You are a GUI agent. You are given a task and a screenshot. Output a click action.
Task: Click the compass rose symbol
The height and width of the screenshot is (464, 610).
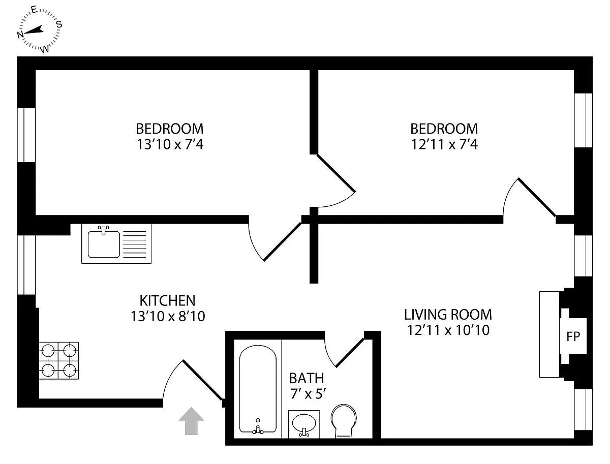tap(40, 30)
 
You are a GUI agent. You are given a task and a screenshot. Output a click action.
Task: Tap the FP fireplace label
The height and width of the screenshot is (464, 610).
tap(573, 336)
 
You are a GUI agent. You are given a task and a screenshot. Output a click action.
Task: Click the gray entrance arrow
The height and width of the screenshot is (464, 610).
tap(191, 421)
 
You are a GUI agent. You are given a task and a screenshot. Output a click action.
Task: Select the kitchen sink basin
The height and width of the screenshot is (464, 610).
tap(104, 244)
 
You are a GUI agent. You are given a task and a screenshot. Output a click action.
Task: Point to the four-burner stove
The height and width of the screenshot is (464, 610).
tap(59, 360)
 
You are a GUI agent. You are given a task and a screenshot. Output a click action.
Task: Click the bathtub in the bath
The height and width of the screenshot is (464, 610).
tap(258, 389)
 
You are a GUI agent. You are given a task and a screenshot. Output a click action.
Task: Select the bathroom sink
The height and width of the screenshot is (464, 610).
tap(304, 423)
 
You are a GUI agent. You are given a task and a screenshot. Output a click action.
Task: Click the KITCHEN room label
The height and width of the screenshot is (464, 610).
tap(167, 300)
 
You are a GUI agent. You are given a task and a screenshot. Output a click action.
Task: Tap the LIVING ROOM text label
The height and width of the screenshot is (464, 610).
tap(448, 314)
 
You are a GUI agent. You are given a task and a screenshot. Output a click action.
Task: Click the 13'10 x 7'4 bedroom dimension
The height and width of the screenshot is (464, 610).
tap(170, 144)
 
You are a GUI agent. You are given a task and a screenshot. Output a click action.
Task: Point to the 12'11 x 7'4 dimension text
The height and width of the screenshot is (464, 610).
tap(444, 144)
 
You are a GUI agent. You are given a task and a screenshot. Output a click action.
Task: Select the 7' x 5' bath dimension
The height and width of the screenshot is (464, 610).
tap(306, 393)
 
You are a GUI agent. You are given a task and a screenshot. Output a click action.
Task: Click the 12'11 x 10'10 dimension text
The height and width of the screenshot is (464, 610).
tap(448, 330)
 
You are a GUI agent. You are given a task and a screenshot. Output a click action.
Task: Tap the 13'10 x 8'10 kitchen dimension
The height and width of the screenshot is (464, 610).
tap(167, 317)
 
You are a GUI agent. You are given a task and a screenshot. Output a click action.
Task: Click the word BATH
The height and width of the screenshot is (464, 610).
tap(306, 378)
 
